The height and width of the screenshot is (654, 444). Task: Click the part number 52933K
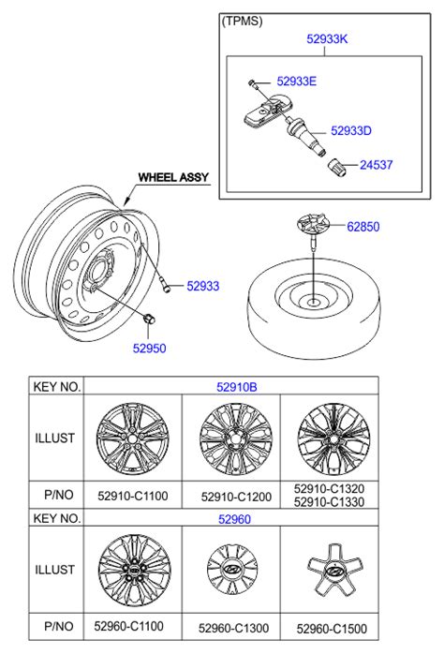327,38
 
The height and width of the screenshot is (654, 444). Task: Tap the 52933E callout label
296,81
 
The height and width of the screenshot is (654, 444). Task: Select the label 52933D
350,130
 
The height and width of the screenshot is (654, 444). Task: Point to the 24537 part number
376,164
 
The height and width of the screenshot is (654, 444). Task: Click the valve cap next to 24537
337,168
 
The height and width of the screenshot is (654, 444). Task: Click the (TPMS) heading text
242,21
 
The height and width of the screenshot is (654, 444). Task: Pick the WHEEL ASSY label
173,177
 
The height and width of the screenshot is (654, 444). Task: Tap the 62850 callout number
363,227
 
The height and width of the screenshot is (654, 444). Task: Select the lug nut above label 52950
149,319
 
